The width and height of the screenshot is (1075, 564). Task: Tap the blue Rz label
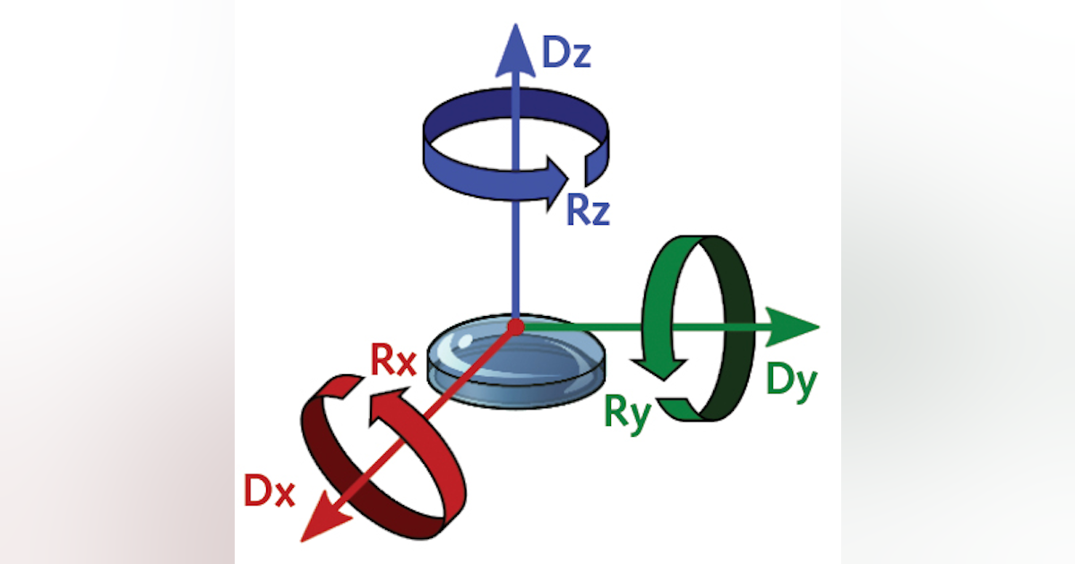pos(588,211)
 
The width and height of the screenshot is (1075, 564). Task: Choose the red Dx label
pos(270,492)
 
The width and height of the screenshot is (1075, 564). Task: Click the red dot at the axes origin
pos(515,328)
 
